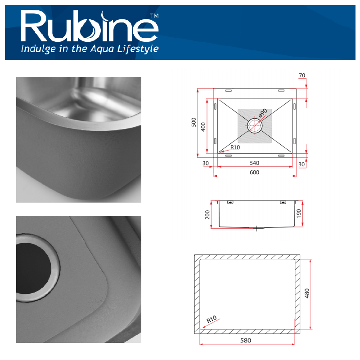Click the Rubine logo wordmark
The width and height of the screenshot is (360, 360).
point(90,27)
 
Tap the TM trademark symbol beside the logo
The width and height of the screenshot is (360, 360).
point(154,16)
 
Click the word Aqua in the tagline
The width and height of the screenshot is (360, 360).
point(102,49)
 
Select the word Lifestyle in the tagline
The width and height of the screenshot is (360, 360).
point(138,49)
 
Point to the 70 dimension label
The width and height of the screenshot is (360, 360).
point(302,76)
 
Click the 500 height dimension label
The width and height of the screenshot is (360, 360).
point(194,122)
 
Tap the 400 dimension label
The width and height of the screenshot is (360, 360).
point(203,127)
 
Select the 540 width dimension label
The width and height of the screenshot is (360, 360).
point(255,163)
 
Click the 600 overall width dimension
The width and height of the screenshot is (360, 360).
point(255,172)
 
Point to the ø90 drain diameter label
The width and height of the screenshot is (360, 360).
point(263,113)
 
